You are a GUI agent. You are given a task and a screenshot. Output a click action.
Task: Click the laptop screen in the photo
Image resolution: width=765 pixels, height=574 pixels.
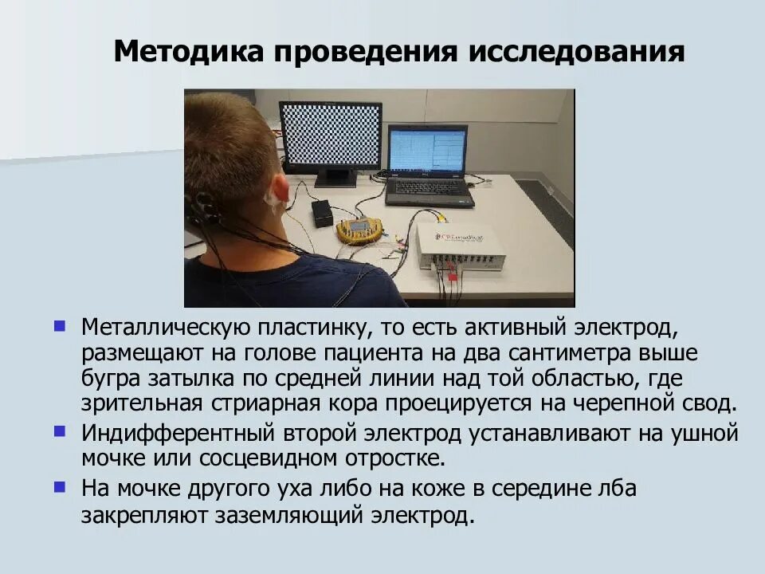tap(426, 151)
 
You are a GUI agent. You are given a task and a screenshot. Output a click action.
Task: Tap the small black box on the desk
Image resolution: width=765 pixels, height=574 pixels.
tap(321, 212)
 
